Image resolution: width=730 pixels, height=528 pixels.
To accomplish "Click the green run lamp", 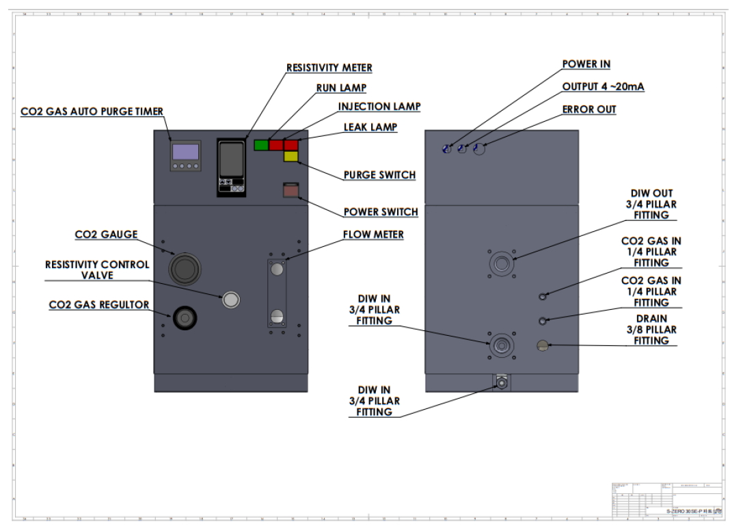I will click(x=260, y=145).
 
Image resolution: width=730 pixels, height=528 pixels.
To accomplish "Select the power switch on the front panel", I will click(x=291, y=191).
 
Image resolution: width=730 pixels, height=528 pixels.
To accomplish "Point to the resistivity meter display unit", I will click(x=231, y=168).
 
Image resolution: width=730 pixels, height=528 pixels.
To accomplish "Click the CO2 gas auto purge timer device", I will click(x=186, y=155).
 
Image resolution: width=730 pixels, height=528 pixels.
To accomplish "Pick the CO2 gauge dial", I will click(x=183, y=268).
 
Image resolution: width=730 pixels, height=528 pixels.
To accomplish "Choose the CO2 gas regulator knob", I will click(x=184, y=318).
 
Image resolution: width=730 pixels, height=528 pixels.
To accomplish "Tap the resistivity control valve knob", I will click(x=231, y=299).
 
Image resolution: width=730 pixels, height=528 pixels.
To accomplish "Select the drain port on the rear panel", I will click(x=542, y=345).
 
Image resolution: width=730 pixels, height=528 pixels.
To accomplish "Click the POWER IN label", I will click(x=586, y=64).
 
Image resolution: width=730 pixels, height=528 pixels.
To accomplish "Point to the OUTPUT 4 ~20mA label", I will click(x=603, y=87).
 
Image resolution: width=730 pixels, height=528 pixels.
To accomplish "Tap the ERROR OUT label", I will click(x=589, y=109).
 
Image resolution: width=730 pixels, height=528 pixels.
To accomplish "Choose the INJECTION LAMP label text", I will click(x=379, y=107).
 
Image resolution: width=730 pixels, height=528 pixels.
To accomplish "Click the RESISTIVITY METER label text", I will click(x=329, y=68).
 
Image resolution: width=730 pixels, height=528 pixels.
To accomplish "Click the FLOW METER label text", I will click(x=373, y=235).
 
